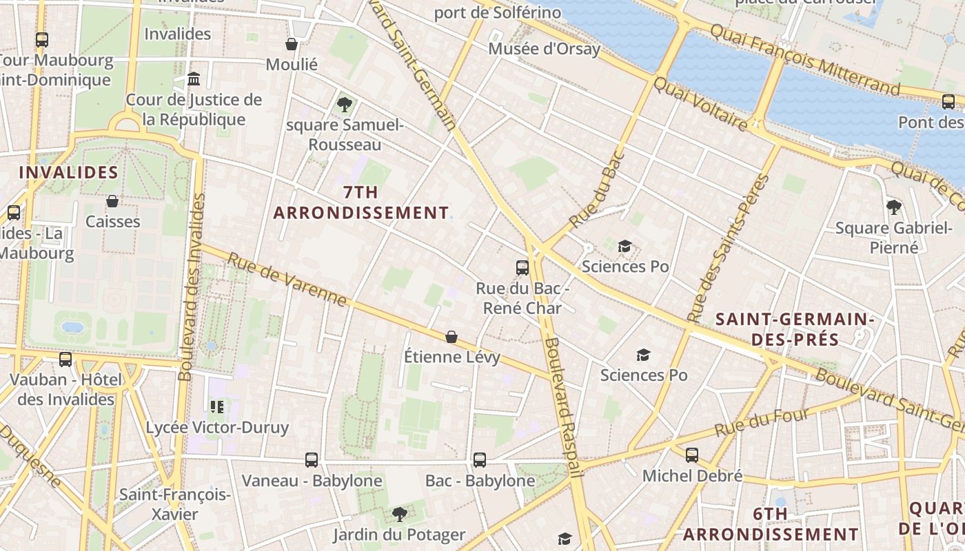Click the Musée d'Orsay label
(x=544, y=49)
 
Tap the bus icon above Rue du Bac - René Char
(x=522, y=268)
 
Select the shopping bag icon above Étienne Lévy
(x=451, y=337)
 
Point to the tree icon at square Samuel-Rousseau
(x=344, y=105)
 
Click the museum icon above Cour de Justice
(x=194, y=79)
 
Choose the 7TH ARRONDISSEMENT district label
(x=361, y=202)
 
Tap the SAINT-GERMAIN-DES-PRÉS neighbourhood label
(x=795, y=329)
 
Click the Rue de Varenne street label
(x=287, y=280)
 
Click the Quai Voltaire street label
(x=700, y=104)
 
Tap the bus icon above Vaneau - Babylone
(x=312, y=459)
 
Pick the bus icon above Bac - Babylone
(x=480, y=459)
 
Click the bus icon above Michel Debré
(x=692, y=455)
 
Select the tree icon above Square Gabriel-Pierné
(x=894, y=207)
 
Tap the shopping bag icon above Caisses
(x=112, y=201)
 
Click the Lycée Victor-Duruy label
(x=217, y=427)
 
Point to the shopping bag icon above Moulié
(x=292, y=44)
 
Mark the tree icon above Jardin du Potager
(x=399, y=514)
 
